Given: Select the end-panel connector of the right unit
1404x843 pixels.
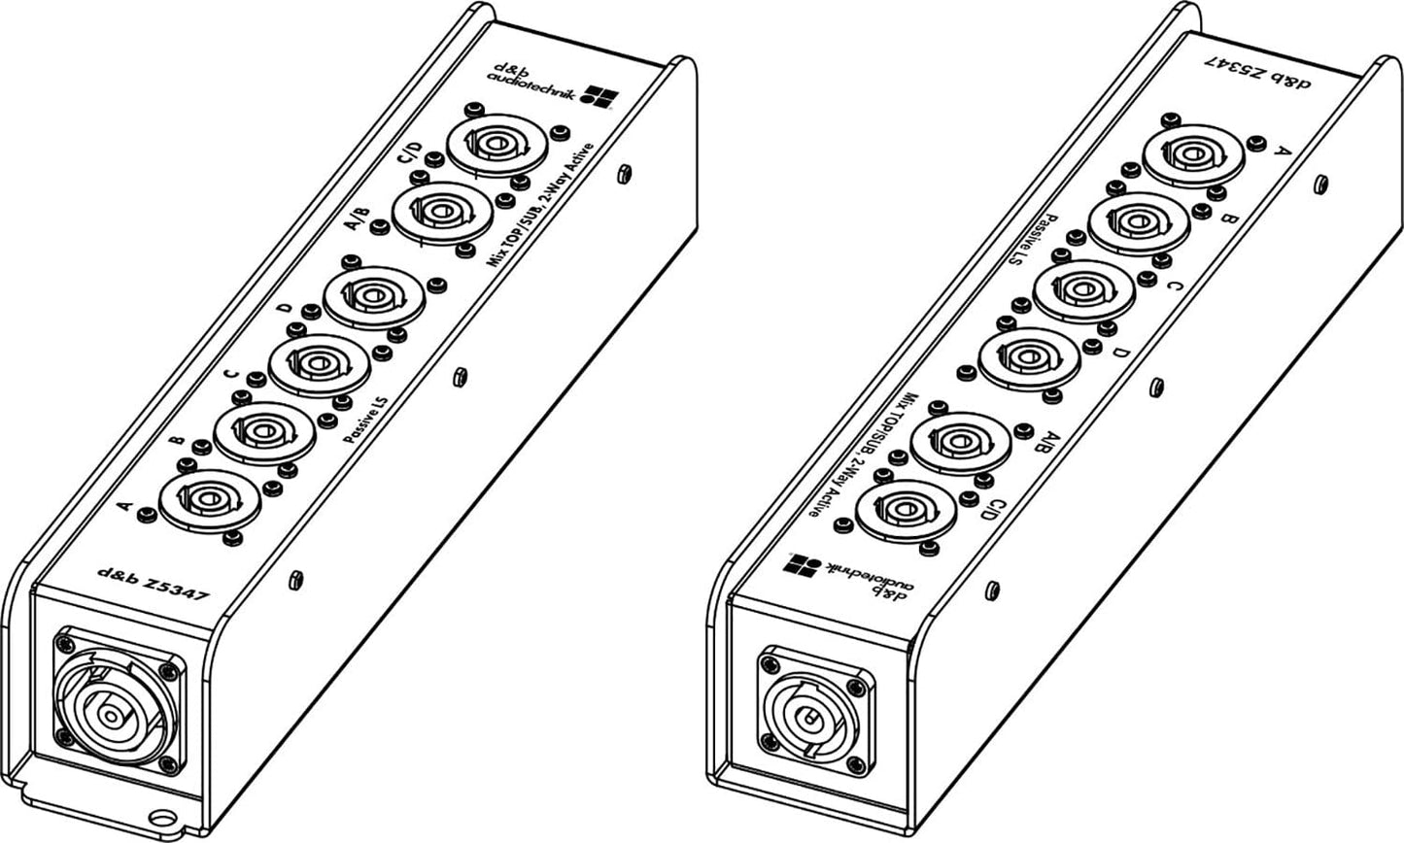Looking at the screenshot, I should click(806, 715).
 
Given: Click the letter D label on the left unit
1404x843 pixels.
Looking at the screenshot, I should click(284, 309).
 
